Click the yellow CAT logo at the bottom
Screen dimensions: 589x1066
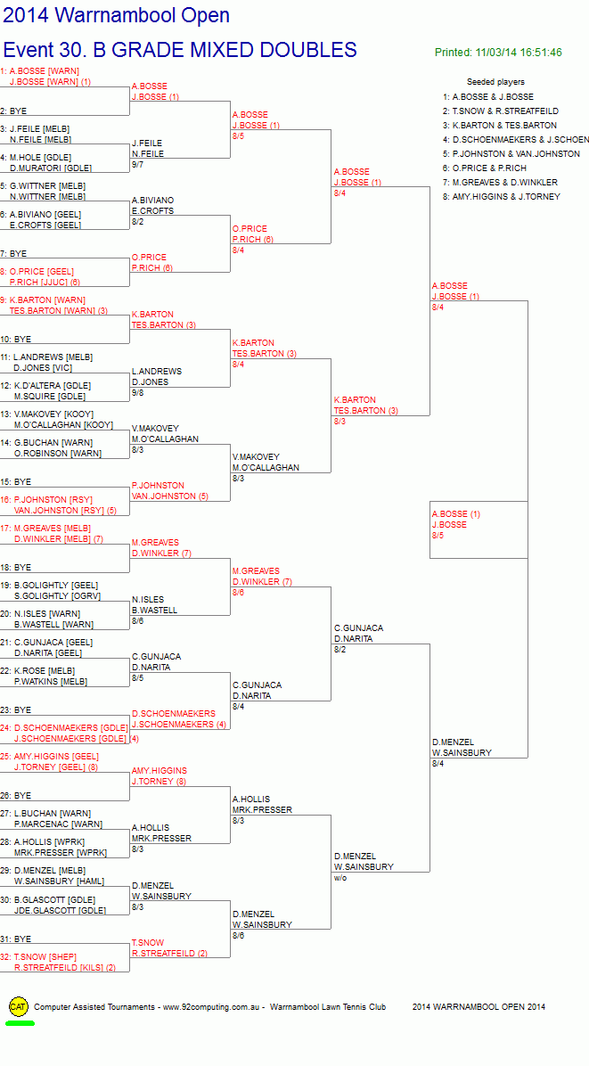pyautogui.click(x=19, y=1007)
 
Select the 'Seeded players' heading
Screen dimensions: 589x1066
pyautogui.click(x=495, y=82)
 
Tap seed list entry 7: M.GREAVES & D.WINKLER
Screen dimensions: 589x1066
pyautogui.click(x=504, y=182)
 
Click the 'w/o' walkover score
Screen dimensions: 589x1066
pyautogui.click(x=340, y=878)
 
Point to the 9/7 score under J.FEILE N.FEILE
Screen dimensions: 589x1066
pyautogui.click(x=138, y=165)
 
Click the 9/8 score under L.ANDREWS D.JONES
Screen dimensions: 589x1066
pyautogui.click(x=138, y=393)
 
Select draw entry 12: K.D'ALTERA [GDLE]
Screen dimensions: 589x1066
pyautogui.click(x=45, y=385)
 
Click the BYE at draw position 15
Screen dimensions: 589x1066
pyautogui.click(x=21, y=482)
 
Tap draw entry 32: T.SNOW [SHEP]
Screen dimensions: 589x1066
pyautogui.click(x=40, y=956)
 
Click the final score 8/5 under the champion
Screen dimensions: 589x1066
pyautogui.click(x=437, y=536)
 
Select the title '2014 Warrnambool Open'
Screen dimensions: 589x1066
pyautogui.click(x=116, y=15)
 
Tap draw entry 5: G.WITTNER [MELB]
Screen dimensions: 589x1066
pyautogui.click(x=44, y=185)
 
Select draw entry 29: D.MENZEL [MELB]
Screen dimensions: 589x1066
pyautogui.click(x=43, y=871)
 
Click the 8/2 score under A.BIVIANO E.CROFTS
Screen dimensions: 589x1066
pyautogui.click(x=138, y=222)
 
